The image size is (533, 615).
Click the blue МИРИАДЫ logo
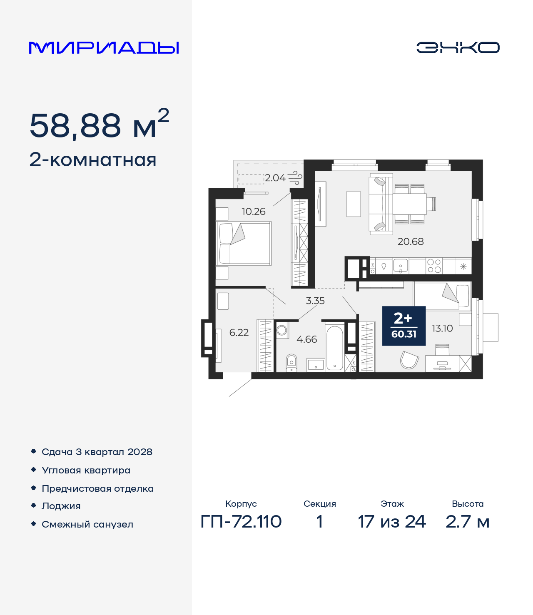(104, 47)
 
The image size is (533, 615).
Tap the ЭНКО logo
(458, 47)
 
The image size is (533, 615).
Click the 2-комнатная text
(93, 160)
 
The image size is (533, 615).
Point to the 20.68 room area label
(411, 242)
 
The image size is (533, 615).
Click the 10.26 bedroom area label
(253, 212)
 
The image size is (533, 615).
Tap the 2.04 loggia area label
(275, 178)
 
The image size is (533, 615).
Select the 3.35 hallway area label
(315, 301)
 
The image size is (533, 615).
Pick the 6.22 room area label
(239, 332)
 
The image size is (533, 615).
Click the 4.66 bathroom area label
(306, 339)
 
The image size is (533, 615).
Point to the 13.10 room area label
(442, 328)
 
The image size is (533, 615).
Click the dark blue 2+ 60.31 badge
(404, 326)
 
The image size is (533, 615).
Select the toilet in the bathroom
(291, 363)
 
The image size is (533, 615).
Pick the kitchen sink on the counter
(401, 266)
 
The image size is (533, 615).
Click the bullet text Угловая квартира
(86, 471)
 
